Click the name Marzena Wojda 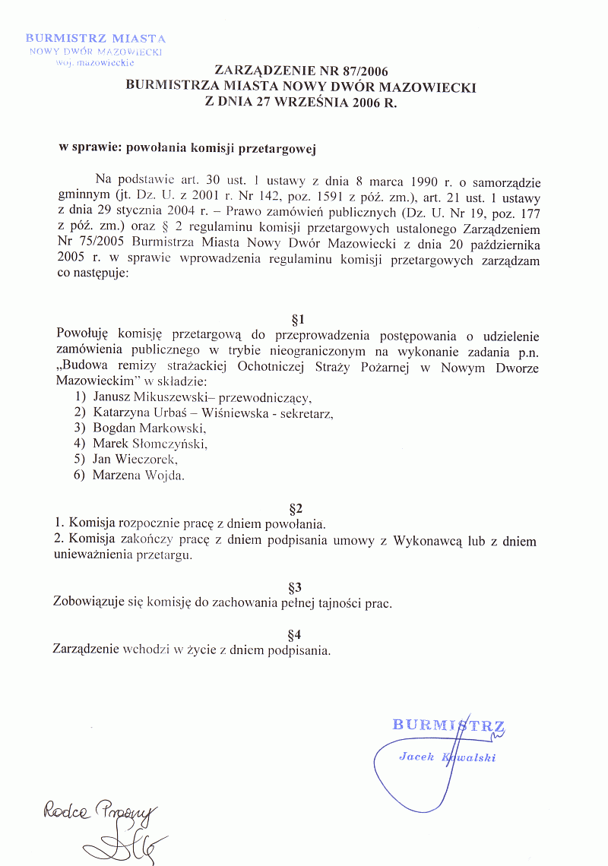pyautogui.click(x=138, y=476)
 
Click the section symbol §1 pyautogui.click(x=297, y=319)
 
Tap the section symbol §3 pyautogui.click(x=296, y=586)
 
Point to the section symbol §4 pyautogui.click(x=296, y=634)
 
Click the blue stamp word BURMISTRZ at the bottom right pyautogui.click(x=448, y=725)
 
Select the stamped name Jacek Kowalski pyautogui.click(x=447, y=757)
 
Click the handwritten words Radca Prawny pyautogui.click(x=99, y=814)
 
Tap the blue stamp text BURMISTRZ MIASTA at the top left pyautogui.click(x=96, y=38)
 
